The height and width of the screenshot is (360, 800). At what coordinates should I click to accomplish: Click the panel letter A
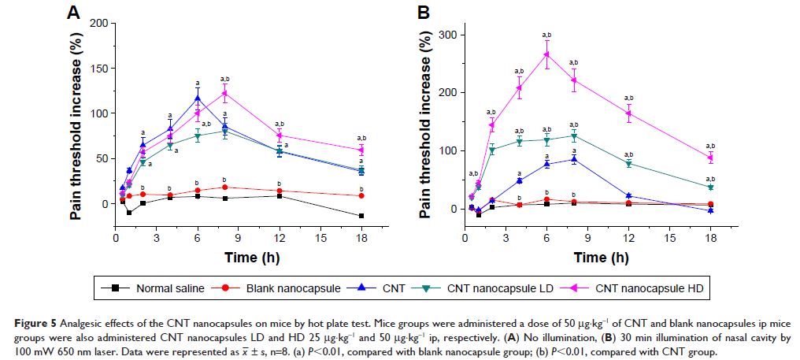tap(72, 13)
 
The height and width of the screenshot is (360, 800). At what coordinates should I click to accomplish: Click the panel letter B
tap(423, 13)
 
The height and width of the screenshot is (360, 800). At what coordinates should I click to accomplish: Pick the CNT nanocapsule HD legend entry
tap(639, 289)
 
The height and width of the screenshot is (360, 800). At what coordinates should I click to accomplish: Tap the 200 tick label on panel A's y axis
tap(96, 23)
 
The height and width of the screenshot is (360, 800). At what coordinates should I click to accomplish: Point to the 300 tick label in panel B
tap(446, 35)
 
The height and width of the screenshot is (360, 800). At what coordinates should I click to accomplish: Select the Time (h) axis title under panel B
tap(588, 258)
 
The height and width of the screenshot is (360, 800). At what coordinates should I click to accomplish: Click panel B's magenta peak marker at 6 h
tap(547, 54)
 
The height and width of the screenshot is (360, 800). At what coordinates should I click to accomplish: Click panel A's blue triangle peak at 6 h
tap(197, 98)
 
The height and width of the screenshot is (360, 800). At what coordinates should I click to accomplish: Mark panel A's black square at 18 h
tap(361, 216)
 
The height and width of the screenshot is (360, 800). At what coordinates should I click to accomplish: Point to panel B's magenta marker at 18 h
tap(710, 158)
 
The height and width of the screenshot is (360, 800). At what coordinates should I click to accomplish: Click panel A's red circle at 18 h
tap(361, 195)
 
